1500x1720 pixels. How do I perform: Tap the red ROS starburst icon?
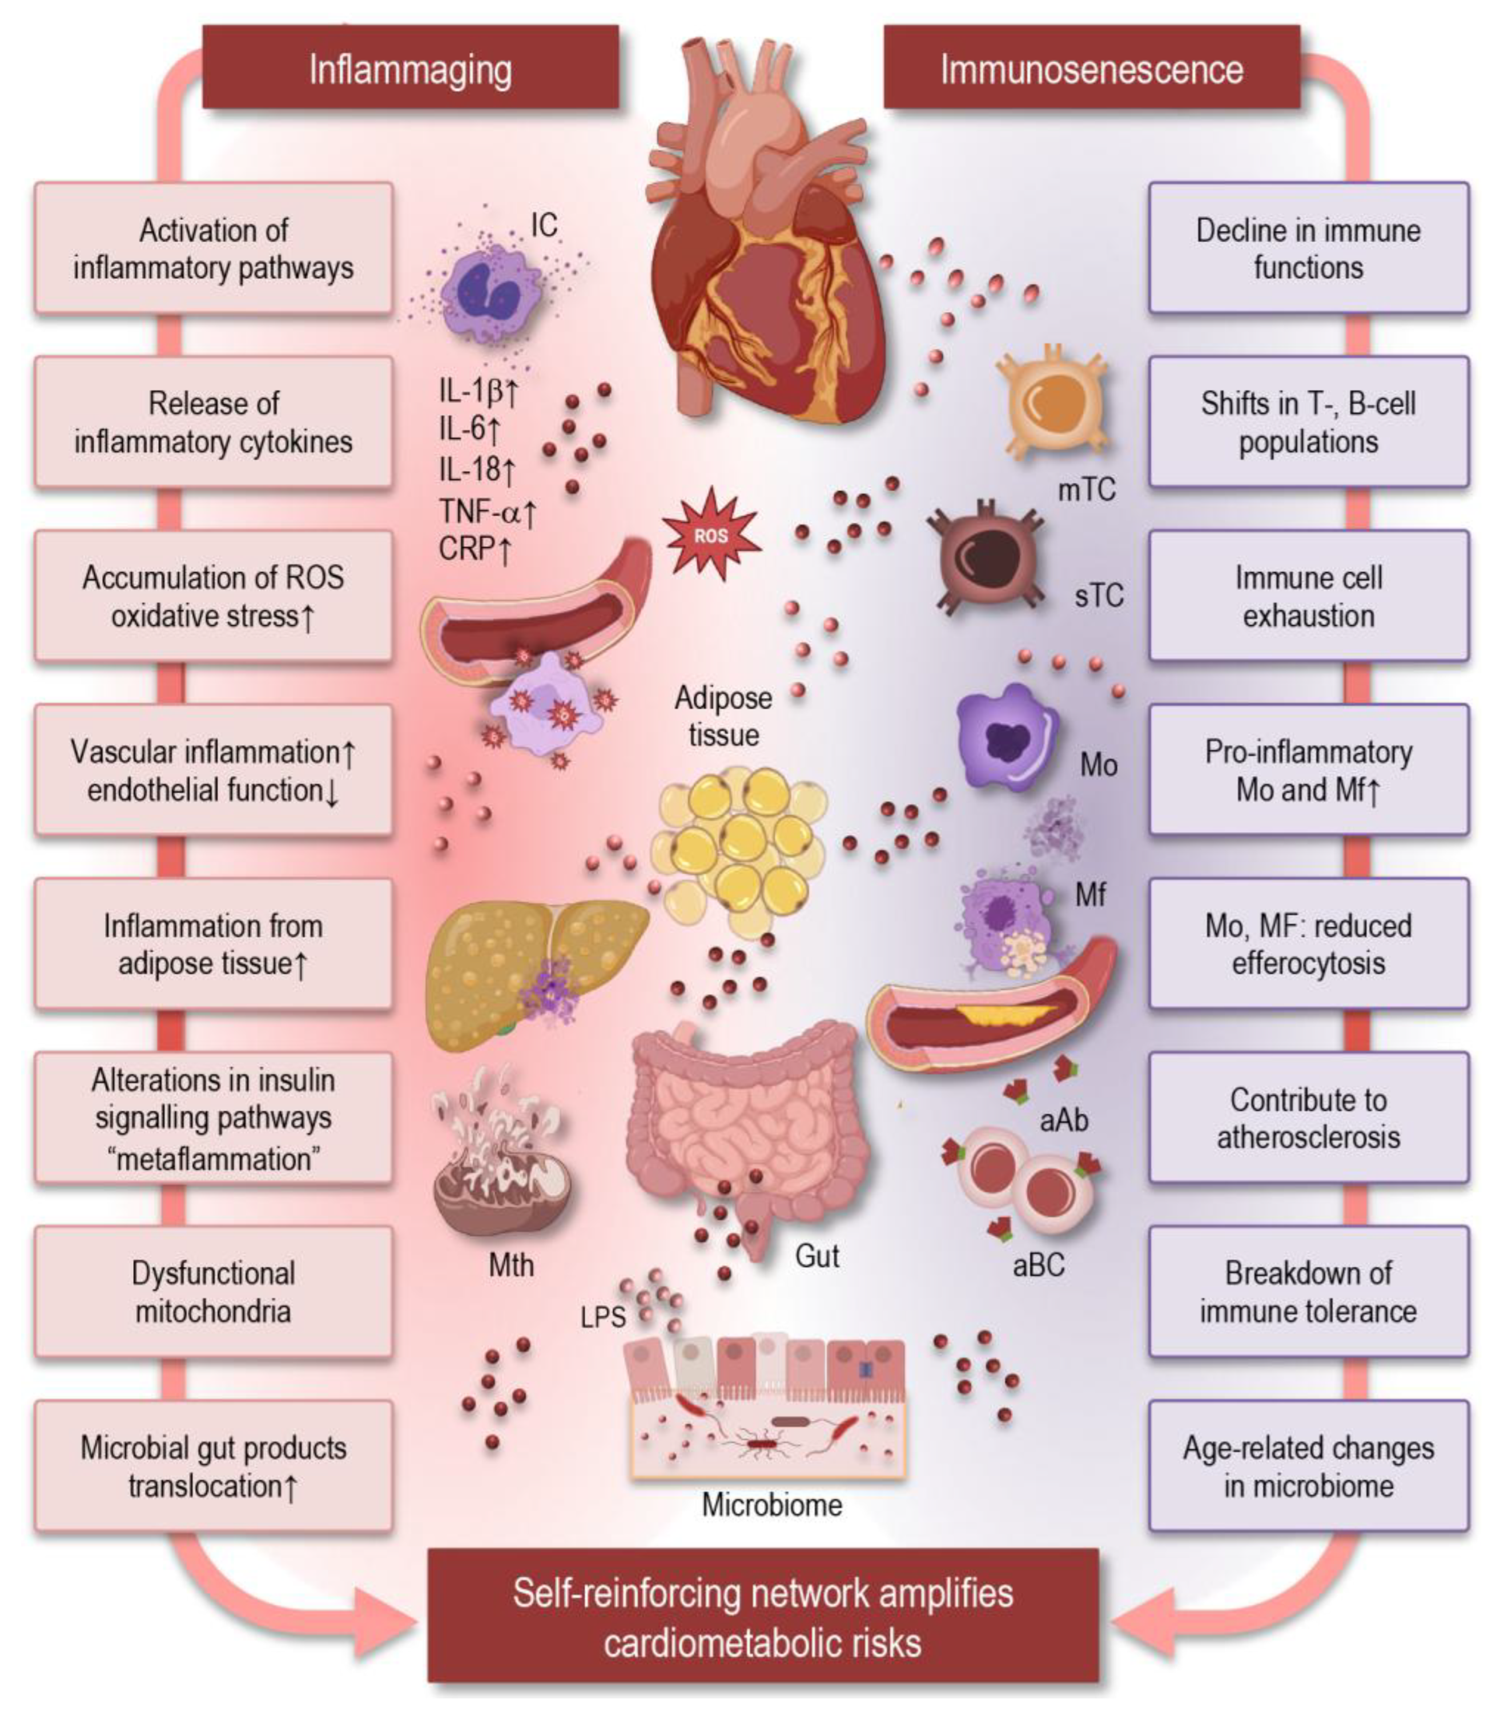(x=711, y=536)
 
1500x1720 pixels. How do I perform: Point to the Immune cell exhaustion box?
(x=1308, y=596)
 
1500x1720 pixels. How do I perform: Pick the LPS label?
(x=602, y=1318)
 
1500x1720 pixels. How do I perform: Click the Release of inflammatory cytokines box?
(x=214, y=422)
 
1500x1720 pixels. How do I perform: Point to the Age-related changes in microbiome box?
(x=1308, y=1466)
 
